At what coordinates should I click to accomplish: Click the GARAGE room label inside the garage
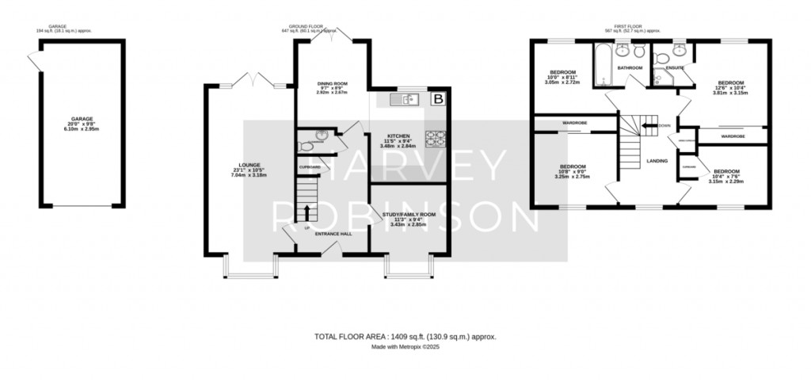[82, 120]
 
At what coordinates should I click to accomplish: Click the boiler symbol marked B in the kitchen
[438, 100]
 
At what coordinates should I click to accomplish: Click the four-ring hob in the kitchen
[436, 138]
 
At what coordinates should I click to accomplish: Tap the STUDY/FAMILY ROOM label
[409, 215]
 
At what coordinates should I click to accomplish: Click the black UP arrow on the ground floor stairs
[307, 212]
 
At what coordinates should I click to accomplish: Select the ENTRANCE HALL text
[333, 234]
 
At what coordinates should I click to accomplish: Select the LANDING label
[657, 161]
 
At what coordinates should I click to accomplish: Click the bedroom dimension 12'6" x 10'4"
[730, 87]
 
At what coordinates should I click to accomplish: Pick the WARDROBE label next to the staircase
[574, 123]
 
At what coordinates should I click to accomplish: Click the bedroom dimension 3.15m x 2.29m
[725, 181]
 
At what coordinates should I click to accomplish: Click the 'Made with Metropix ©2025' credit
[405, 347]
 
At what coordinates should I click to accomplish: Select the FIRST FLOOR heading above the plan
[630, 25]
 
